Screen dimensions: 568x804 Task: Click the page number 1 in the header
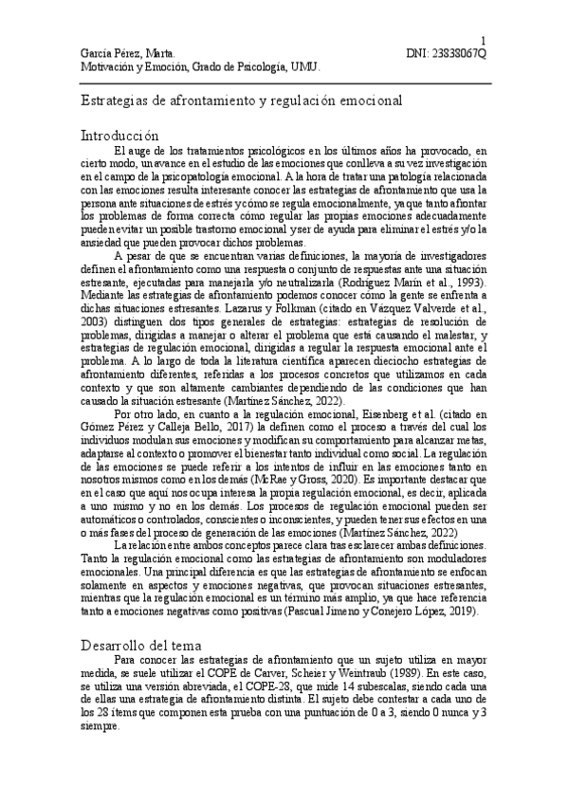pos(485,40)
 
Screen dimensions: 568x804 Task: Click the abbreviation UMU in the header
pos(306,68)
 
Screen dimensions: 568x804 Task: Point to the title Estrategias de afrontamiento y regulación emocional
pos(239,100)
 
